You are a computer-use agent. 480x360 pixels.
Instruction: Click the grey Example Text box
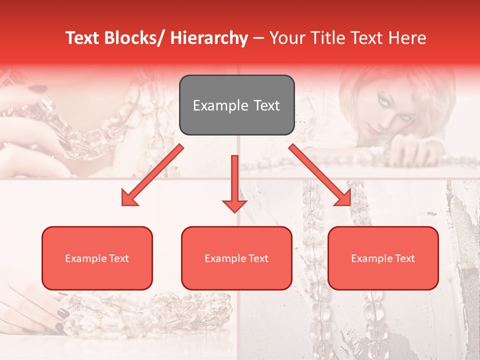point(236,105)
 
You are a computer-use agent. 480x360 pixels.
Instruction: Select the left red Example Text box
point(97,258)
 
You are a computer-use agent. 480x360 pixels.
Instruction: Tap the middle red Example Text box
point(236,258)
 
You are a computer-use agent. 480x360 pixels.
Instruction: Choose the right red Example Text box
point(383,258)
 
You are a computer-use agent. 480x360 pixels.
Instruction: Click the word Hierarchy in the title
point(209,38)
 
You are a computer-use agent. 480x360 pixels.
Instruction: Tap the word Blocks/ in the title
point(134,38)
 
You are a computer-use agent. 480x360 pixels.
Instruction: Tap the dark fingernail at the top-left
point(37,89)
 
